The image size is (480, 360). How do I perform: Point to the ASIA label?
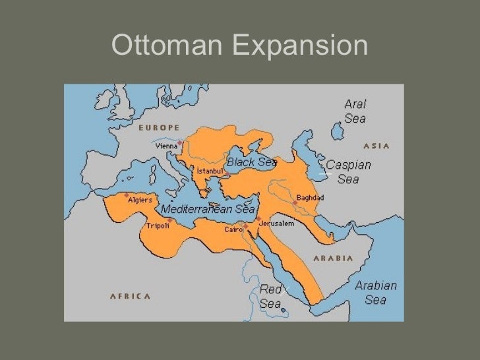pos(376,146)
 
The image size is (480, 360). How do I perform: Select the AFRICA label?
pos(126,295)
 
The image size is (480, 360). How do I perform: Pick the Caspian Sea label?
pos(348,171)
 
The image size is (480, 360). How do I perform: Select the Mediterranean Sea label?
pos(208,208)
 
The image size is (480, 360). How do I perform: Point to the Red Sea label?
pos(270,297)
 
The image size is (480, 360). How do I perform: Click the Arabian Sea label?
pos(376,293)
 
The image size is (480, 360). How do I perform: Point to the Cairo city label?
pos(234,229)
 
